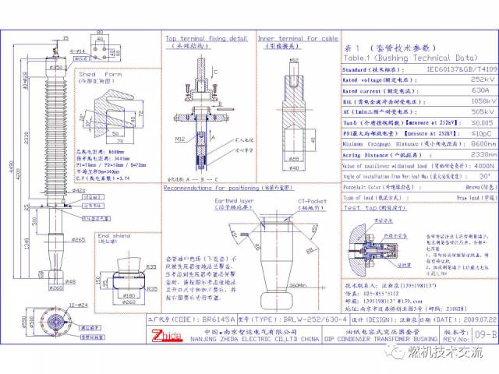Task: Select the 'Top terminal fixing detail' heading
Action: pos(206,37)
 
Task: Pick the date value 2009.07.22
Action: pos(458,319)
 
